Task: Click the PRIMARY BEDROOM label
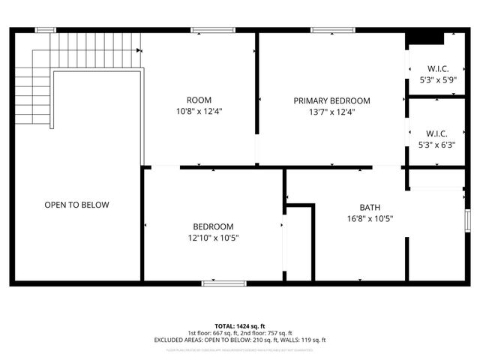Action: click(331, 100)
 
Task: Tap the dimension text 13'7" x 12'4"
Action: click(331, 112)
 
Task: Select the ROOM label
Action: click(199, 100)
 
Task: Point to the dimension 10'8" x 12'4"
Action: click(199, 112)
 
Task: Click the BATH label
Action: click(370, 207)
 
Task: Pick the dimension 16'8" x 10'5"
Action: click(370, 219)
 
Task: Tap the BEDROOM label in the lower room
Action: click(213, 226)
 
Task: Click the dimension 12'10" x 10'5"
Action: click(213, 238)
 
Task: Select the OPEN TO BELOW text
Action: click(76, 205)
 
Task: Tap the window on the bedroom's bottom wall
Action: click(223, 283)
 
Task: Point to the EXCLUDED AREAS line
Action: click(239, 340)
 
